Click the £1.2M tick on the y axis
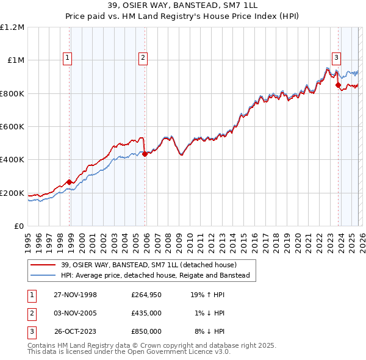point(12,27)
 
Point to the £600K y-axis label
point(12,127)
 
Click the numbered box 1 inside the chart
point(66,58)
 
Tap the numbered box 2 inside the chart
point(142,58)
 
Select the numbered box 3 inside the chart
point(335,58)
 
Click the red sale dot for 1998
point(70,182)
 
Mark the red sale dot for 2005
point(145,154)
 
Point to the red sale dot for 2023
point(338,85)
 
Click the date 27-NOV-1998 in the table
point(75,295)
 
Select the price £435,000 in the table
point(146,313)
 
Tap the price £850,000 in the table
point(146,331)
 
